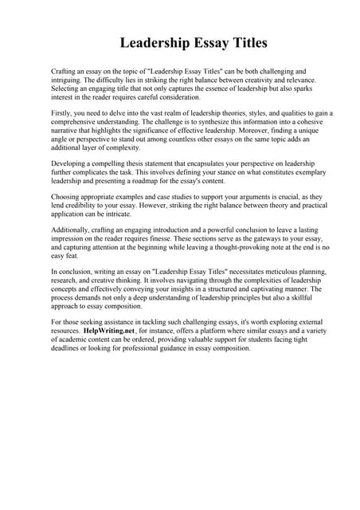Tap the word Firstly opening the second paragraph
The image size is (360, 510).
[64, 113]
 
